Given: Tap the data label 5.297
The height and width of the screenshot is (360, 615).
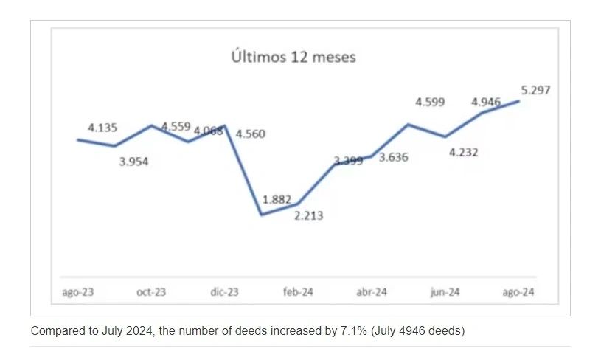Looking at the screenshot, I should click(536, 91).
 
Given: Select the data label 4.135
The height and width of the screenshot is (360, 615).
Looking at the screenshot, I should click(102, 128).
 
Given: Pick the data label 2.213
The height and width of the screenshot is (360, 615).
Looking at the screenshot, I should click(308, 215).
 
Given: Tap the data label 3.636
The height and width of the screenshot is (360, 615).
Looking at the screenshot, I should click(393, 156).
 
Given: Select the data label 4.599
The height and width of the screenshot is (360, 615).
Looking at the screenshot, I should click(430, 103).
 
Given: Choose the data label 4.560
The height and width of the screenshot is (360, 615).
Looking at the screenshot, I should click(250, 134).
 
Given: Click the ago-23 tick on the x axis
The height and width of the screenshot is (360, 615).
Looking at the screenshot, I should click(77, 292).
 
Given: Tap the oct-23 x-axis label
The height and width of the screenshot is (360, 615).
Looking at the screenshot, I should click(151, 292).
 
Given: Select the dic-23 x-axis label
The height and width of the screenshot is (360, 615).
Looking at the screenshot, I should click(224, 292).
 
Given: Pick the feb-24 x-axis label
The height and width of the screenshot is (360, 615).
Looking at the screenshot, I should click(298, 292).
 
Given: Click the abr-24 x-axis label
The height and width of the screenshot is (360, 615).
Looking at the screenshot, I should click(372, 292).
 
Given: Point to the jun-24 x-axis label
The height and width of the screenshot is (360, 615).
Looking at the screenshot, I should click(445, 292).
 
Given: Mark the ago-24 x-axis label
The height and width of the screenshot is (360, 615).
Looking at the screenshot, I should click(518, 292).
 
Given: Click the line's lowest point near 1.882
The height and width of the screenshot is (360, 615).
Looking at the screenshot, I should click(261, 215).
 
